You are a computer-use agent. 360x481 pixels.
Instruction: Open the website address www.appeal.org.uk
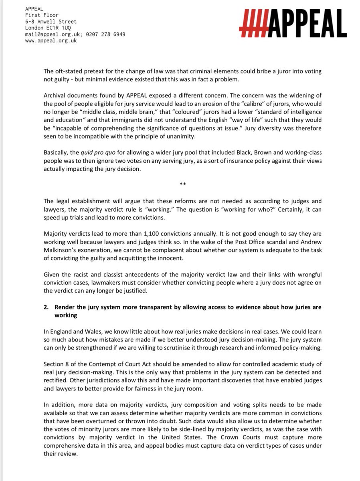(51, 40)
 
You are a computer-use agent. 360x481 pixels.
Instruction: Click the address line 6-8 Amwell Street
(51, 22)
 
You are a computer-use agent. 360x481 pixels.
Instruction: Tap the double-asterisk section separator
(183, 184)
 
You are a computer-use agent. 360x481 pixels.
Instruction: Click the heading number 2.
(46, 307)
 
